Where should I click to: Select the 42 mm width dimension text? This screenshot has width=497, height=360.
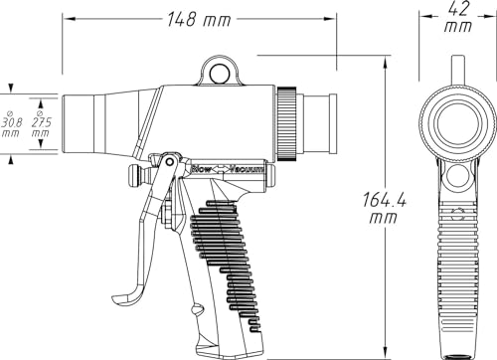pos(458,18)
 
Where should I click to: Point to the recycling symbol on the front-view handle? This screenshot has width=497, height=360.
pos(457,215)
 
